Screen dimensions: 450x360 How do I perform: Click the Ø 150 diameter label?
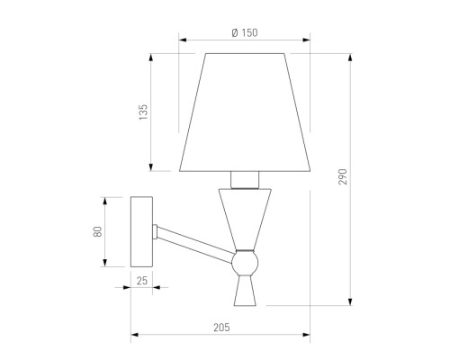[x=245, y=32]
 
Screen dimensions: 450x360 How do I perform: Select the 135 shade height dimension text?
[x=143, y=112]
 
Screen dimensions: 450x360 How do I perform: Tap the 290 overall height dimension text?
[x=343, y=176]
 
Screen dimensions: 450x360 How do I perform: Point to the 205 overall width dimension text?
[x=221, y=328]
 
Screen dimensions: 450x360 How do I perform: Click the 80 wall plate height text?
[x=98, y=232]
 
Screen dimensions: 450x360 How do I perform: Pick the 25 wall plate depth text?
[x=142, y=281]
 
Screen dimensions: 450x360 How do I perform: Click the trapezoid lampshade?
[x=245, y=112]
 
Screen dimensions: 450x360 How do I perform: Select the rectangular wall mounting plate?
[x=141, y=231]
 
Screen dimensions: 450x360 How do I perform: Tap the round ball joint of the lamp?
[x=245, y=263]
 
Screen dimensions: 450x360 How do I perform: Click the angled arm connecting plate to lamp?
[x=195, y=245]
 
